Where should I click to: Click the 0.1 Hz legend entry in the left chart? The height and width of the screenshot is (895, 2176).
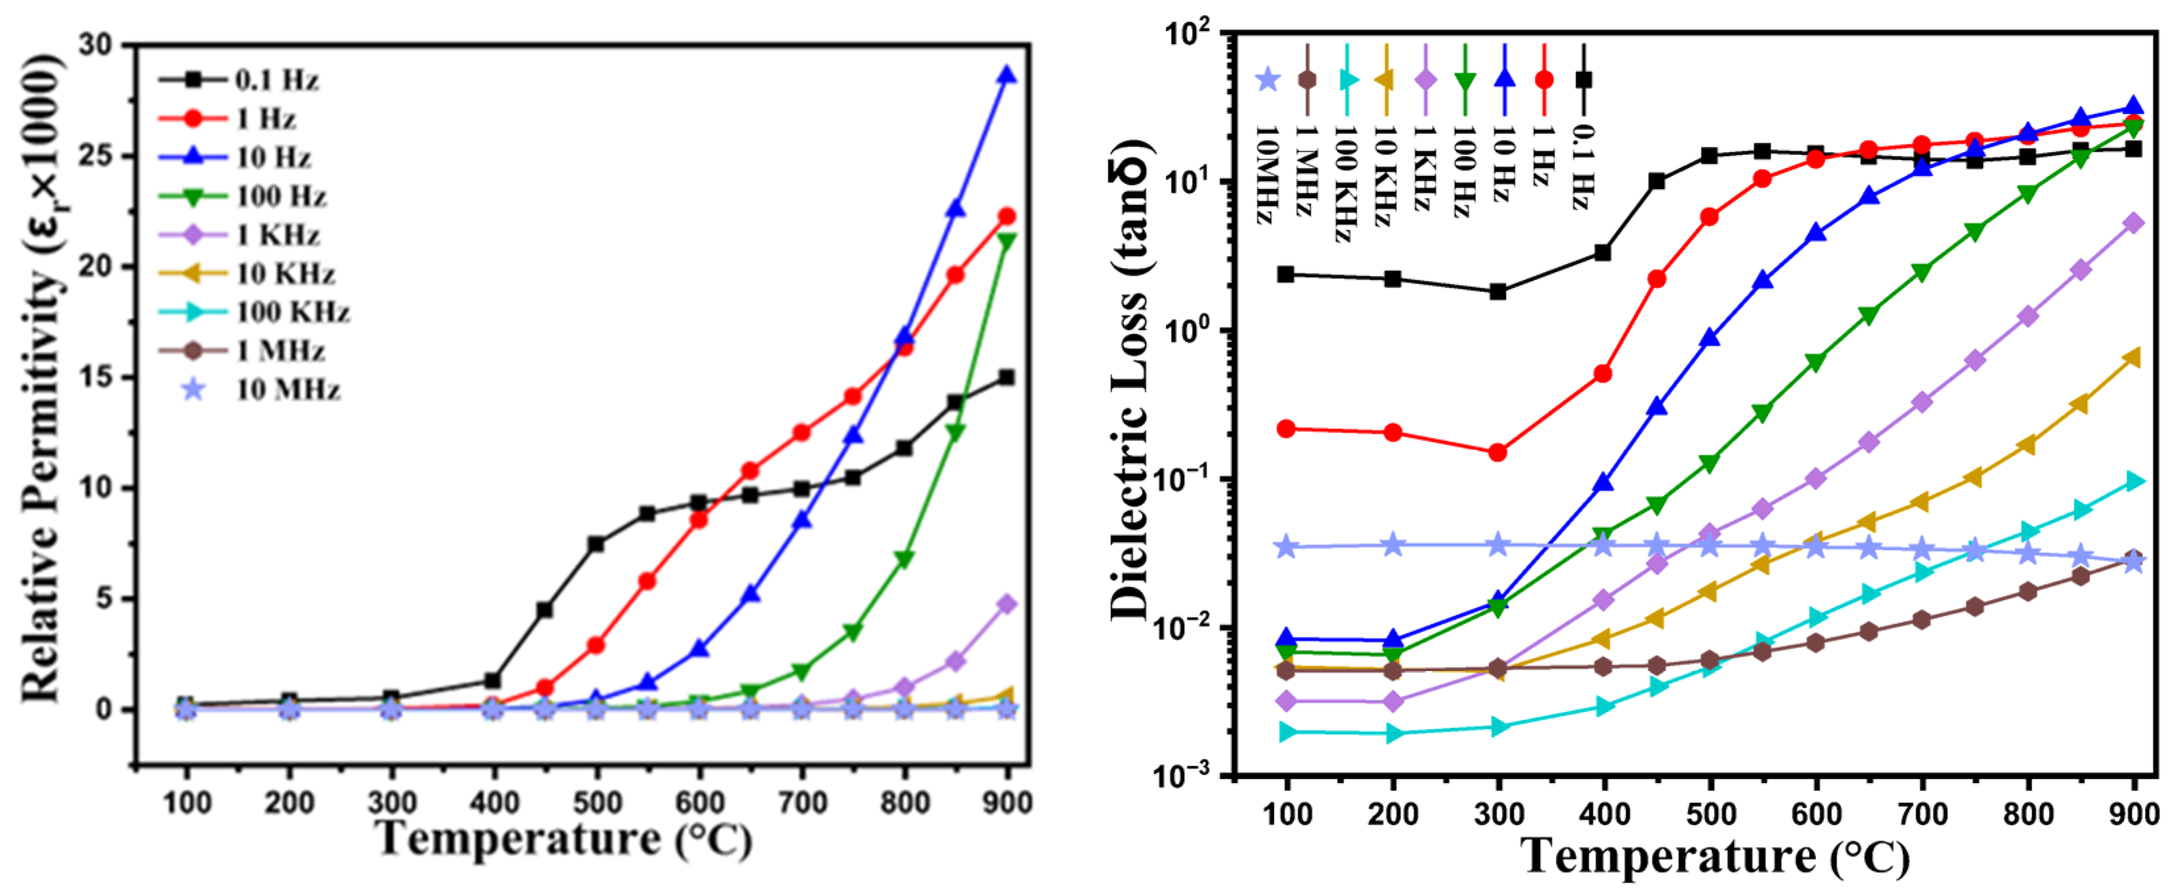[239, 80]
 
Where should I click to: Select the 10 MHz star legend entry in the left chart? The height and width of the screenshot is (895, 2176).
[262, 390]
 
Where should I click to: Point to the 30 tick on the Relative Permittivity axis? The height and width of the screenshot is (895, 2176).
[96, 45]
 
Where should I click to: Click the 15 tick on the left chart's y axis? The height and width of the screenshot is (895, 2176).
[96, 377]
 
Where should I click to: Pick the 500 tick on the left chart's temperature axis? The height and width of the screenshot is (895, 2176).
[596, 802]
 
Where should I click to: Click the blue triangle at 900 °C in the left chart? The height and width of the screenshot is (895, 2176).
[1006, 76]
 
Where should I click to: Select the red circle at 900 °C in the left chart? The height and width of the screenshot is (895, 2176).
[1006, 217]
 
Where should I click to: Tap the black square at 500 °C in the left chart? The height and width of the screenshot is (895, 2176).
[596, 544]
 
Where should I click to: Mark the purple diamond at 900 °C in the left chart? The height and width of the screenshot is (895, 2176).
[1006, 605]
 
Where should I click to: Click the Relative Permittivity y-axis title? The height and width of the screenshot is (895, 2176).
[42, 377]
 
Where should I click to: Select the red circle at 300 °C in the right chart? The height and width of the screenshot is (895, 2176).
[1498, 452]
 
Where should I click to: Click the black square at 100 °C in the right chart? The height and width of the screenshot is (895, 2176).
[1286, 275]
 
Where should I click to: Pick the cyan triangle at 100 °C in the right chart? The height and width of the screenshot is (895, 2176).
[1286, 732]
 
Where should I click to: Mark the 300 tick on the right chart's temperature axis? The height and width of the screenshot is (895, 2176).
[1499, 815]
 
